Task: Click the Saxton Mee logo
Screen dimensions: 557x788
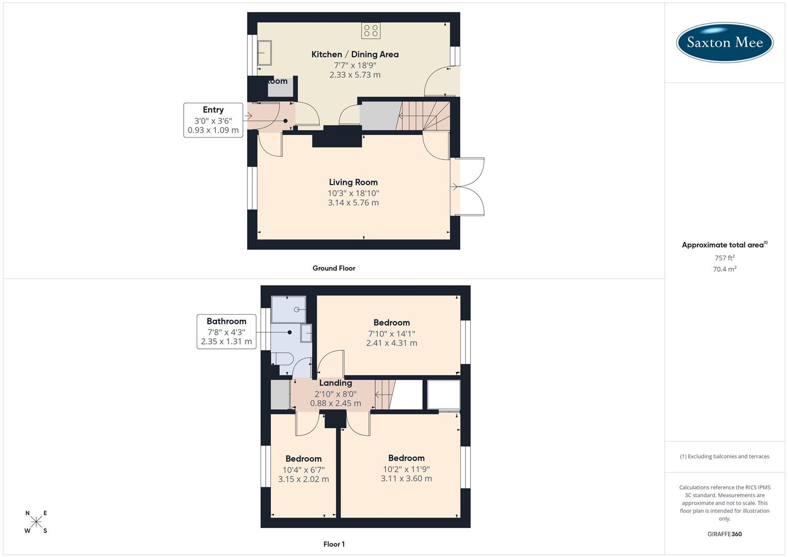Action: pos(725,42)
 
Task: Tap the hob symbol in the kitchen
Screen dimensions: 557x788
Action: pos(371,31)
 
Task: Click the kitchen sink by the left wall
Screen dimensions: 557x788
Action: pos(265,53)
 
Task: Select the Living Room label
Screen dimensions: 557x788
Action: pos(353,182)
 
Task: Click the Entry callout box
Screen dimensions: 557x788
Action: pos(213,120)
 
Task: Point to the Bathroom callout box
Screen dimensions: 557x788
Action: pos(226,331)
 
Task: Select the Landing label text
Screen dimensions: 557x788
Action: pos(335,383)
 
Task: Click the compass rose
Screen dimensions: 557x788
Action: pos(36,522)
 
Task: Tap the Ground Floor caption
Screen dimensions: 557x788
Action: pos(334,268)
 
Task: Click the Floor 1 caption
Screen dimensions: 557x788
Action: pos(334,544)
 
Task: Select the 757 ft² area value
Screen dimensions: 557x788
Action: pos(725,258)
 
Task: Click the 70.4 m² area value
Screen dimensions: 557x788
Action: pos(725,269)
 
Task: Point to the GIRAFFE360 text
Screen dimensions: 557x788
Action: pos(725,534)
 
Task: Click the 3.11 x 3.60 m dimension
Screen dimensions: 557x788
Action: pos(406,479)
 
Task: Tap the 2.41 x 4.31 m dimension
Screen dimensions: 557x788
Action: pos(391,343)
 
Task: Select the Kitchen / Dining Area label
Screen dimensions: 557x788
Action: pos(355,54)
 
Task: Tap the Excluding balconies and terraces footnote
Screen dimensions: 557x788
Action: pos(725,456)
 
